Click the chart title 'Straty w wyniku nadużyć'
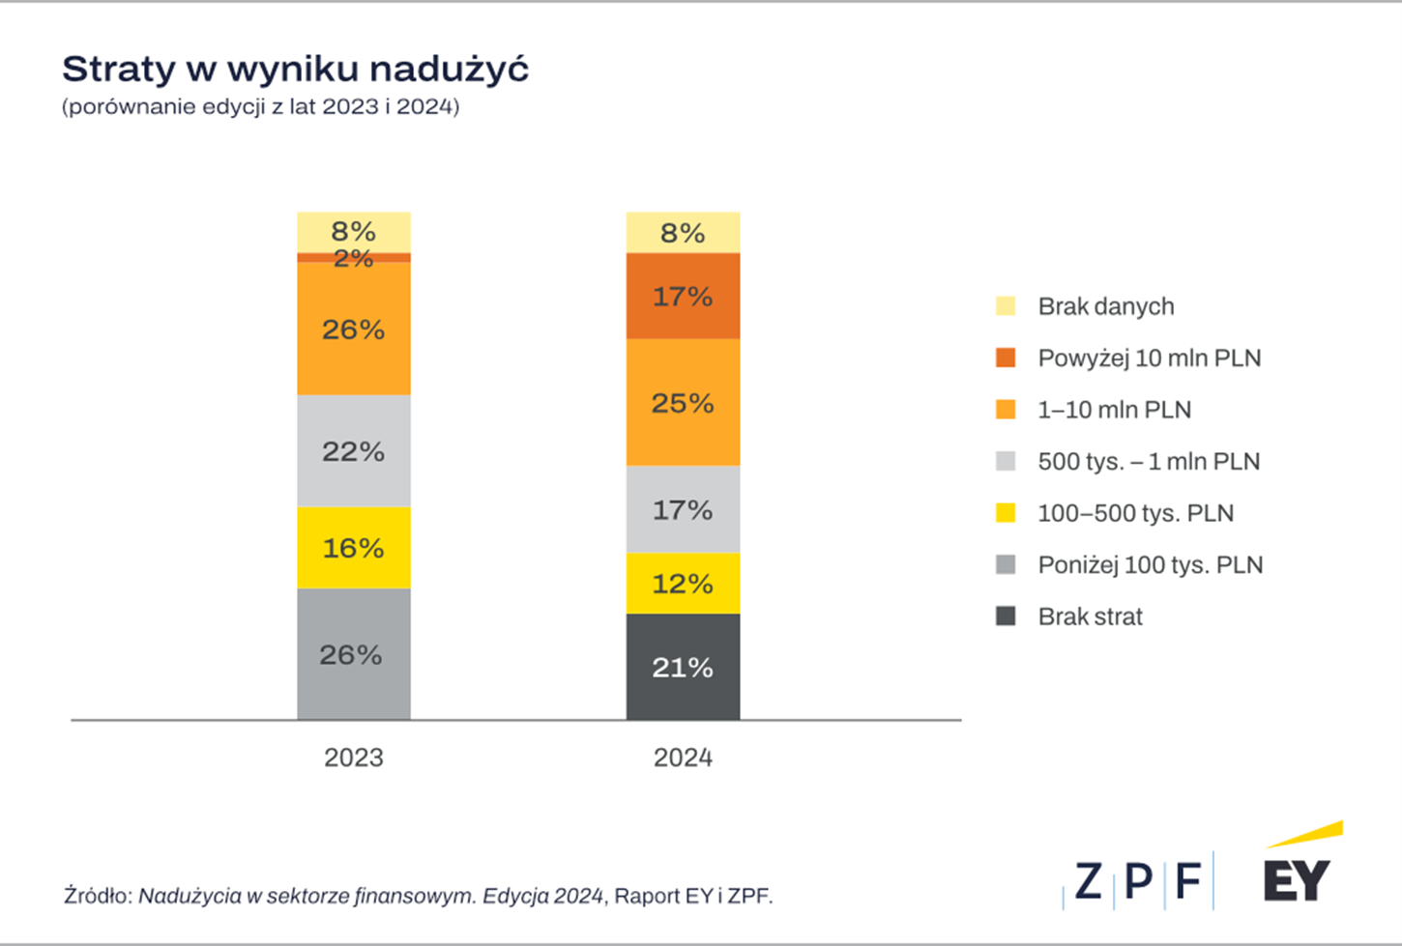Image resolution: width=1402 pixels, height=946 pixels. [x=295, y=70]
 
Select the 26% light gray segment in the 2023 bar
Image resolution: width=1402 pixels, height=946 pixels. [x=353, y=654]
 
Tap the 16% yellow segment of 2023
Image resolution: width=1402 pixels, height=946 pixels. [x=353, y=548]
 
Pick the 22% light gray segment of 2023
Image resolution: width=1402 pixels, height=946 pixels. [x=353, y=451]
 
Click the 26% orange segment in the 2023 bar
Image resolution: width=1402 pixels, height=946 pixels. [x=353, y=330]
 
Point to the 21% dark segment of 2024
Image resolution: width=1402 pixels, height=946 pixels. [x=683, y=667]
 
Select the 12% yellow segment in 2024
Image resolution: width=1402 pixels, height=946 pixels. [x=683, y=584]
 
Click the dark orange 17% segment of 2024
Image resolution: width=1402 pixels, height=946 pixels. [x=683, y=296]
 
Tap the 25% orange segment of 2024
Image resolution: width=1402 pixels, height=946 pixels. [x=683, y=402]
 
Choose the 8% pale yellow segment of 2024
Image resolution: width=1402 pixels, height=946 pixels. [x=683, y=233]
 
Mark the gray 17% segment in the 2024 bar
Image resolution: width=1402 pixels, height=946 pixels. [x=683, y=509]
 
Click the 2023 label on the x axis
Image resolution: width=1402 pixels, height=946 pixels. [x=353, y=758]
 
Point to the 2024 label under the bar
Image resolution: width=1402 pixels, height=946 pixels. [x=683, y=758]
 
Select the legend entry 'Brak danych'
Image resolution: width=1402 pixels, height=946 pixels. [x=1105, y=306]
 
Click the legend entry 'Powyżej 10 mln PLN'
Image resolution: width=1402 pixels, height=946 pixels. [x=1149, y=358]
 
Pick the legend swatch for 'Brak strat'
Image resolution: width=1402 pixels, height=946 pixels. [x=1006, y=616]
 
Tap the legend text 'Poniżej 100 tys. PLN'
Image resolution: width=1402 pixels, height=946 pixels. [x=1150, y=565]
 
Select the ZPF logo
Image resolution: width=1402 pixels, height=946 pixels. [x=1138, y=880]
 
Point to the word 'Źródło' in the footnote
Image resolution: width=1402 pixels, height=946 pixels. [x=97, y=896]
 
